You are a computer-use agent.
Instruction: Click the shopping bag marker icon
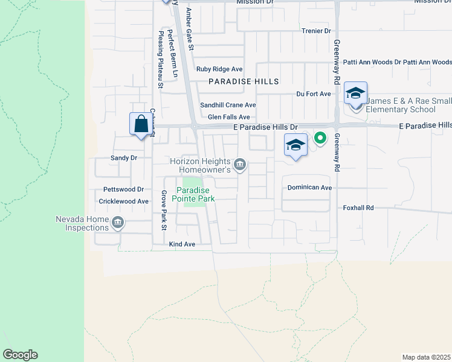[141, 124]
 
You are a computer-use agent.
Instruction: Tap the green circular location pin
[320, 138]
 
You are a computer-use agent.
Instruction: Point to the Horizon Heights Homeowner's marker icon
[241, 165]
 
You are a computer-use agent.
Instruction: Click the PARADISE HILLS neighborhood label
[244, 81]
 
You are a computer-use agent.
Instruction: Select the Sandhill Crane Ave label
[228, 105]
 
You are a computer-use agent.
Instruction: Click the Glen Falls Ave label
[228, 117]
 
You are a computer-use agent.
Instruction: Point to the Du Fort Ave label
[314, 94]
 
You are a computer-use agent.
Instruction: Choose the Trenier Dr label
[316, 31]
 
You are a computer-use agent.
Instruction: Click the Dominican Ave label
[309, 188]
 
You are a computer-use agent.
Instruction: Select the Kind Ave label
[182, 244]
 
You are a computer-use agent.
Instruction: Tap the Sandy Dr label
[124, 158]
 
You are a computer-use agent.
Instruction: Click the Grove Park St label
[163, 211]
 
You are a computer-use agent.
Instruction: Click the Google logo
[20, 355]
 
